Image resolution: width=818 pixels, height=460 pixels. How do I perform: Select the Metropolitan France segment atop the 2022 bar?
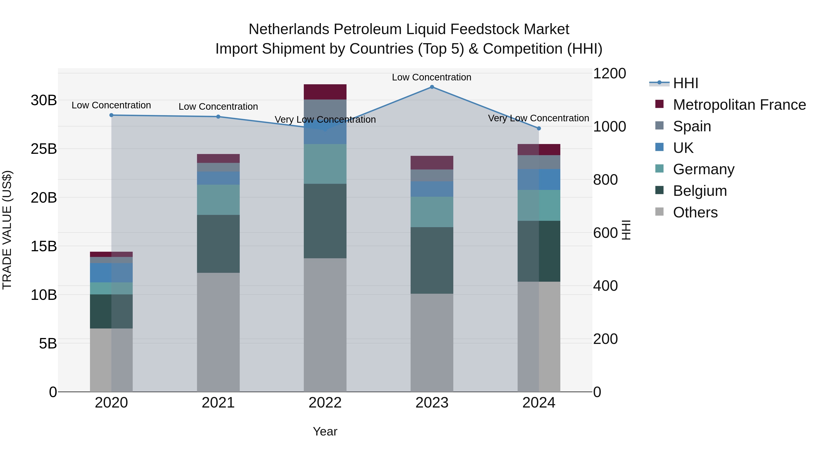click(325, 92)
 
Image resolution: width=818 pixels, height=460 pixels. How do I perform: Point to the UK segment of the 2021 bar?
click(218, 178)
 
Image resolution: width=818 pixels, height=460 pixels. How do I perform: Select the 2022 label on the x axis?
click(325, 403)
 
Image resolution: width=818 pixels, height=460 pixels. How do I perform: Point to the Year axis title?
click(325, 431)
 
